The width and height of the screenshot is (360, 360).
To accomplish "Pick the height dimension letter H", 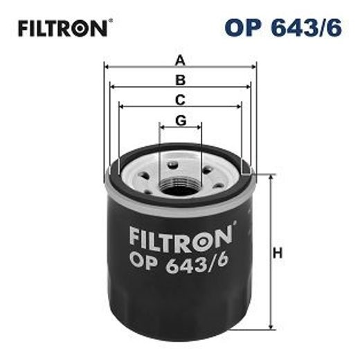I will [x=278, y=253].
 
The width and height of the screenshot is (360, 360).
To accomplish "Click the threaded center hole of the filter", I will [x=181, y=186].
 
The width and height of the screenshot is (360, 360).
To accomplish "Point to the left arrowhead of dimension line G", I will [x=162, y=128].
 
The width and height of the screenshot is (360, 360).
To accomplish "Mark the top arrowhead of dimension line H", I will [x=269, y=177].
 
